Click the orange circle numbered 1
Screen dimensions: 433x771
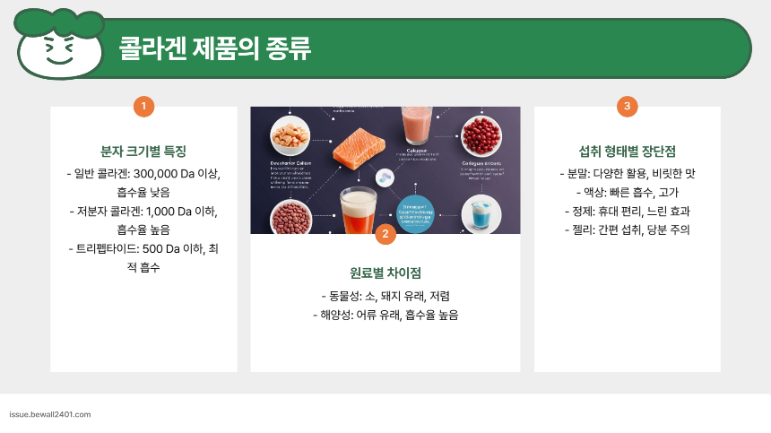tap(143, 106)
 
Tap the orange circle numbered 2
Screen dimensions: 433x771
tap(385, 234)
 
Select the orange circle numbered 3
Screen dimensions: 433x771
tap(628, 106)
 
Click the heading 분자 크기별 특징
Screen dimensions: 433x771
tap(143, 152)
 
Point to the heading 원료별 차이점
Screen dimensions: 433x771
tap(385, 273)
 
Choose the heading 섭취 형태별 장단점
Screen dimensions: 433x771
tap(628, 152)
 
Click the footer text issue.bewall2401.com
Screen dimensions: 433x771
tap(49, 415)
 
